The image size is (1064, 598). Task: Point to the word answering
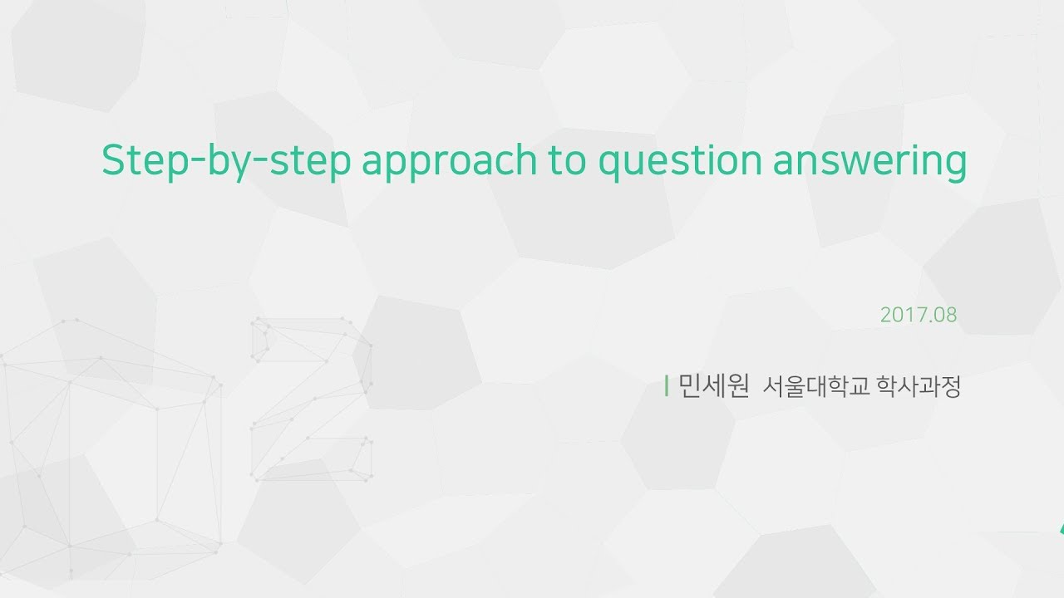tap(869, 162)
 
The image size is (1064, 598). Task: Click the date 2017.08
tap(919, 316)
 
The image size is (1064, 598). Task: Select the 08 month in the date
tap(944, 316)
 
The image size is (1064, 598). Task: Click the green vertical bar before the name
tap(667, 386)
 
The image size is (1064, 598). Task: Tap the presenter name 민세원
tap(713, 386)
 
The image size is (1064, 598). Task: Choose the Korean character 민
tap(692, 386)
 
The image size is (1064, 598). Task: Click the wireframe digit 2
tap(312, 399)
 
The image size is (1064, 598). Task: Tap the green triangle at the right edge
tap(1061, 529)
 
